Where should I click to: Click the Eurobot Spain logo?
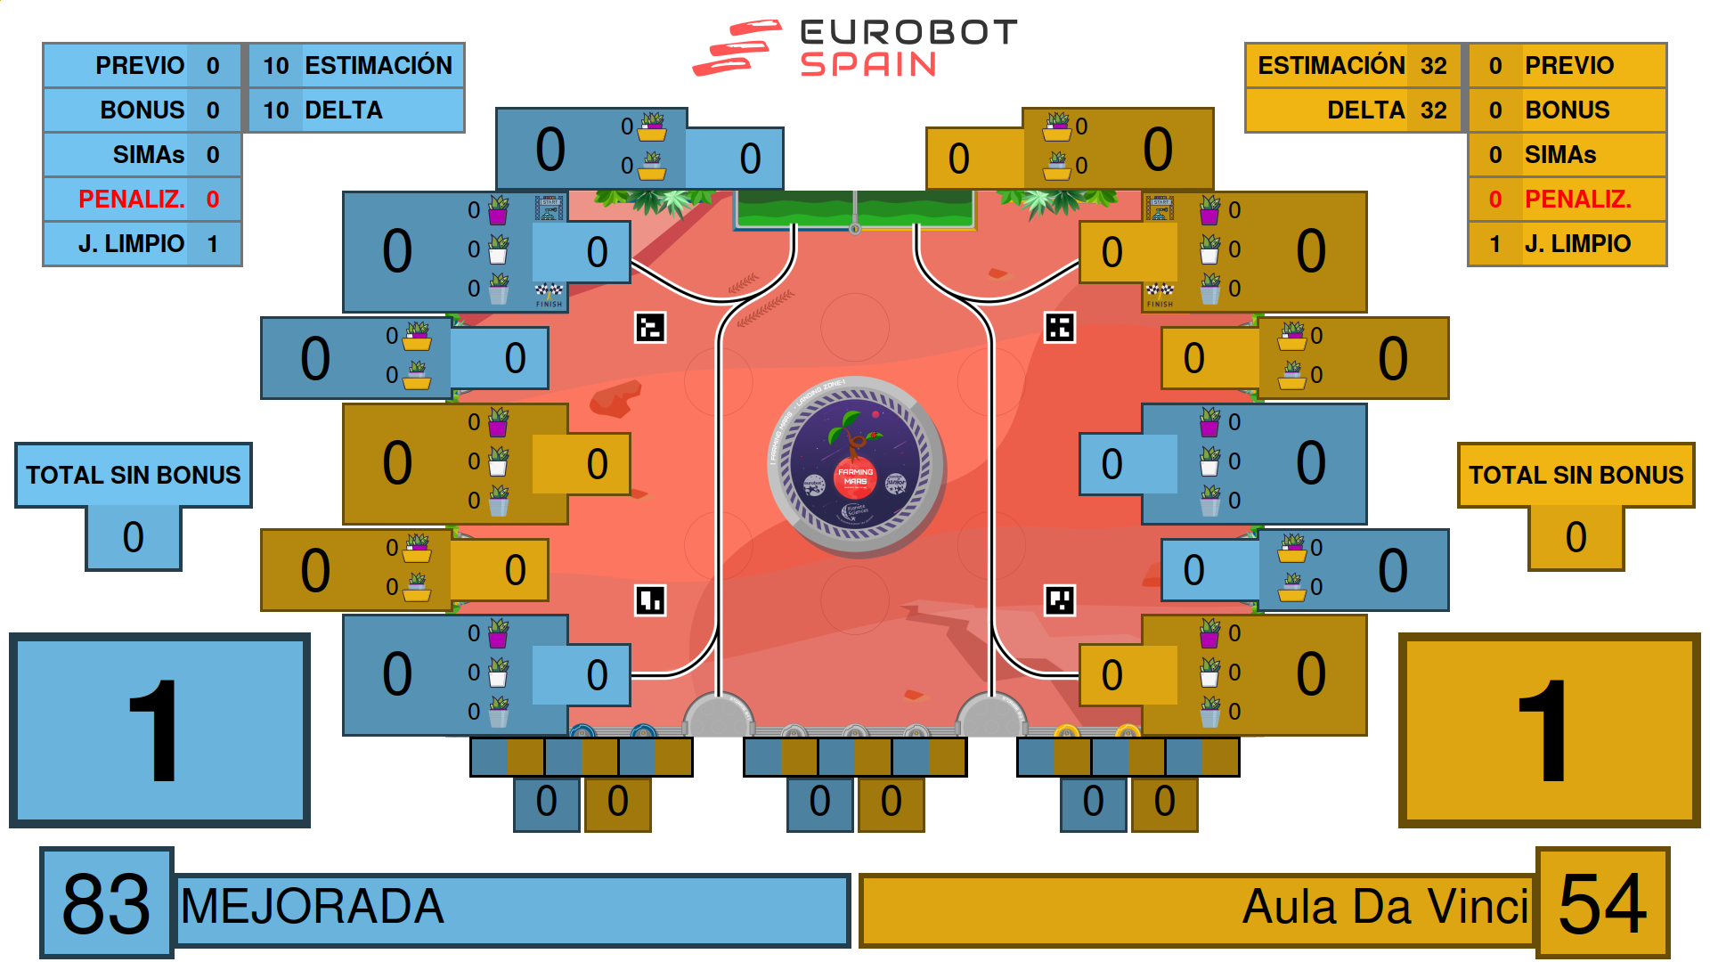855,48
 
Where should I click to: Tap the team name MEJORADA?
312,908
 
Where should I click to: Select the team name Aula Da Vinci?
1385,908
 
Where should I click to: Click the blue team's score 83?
106,904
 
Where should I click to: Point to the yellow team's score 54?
1602,904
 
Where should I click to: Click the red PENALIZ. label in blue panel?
131,200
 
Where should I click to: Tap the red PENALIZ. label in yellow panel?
1577,200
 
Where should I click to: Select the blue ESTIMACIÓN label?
379,66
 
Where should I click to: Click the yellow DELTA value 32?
1433,110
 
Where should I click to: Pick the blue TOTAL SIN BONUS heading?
134,476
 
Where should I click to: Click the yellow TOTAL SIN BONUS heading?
1576,476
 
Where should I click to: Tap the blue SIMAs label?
148,155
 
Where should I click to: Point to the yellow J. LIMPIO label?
1577,244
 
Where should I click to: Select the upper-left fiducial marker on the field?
650,328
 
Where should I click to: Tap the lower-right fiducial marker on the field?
1060,600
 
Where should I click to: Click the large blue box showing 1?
159,730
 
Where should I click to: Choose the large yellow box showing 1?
1549,730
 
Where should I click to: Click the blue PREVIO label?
140,66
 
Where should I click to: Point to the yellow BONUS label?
1567,110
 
